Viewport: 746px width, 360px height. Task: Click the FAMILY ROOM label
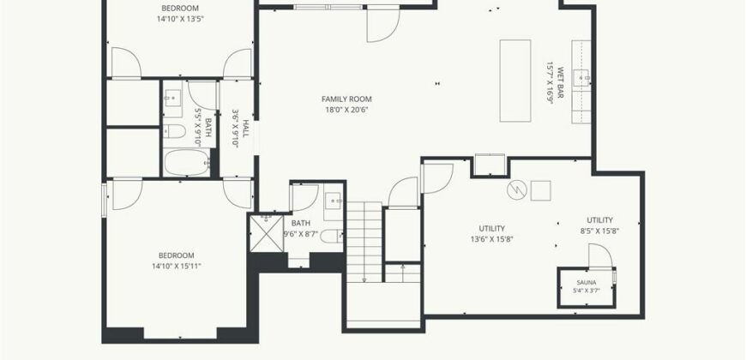(x=346, y=99)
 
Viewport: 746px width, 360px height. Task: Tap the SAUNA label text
(x=587, y=283)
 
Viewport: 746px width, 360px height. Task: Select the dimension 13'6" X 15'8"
(x=492, y=239)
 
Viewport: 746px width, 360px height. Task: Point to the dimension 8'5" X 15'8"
(x=599, y=231)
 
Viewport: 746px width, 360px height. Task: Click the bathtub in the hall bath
(x=188, y=163)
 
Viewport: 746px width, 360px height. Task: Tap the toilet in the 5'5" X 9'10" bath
(x=174, y=131)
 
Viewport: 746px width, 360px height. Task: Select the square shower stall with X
(x=267, y=233)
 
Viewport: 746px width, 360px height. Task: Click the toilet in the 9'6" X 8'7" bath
(x=332, y=236)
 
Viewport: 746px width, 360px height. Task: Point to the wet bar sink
(x=581, y=77)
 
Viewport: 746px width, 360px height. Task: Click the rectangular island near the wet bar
(x=514, y=81)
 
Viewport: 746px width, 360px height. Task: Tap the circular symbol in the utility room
(x=517, y=190)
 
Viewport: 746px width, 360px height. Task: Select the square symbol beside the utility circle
(x=541, y=190)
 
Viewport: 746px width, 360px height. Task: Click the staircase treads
(x=364, y=242)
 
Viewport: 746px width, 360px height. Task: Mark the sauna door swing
(x=600, y=255)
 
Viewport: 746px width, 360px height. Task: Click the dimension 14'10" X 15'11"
(x=177, y=267)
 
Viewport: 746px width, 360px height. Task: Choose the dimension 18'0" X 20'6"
(x=346, y=110)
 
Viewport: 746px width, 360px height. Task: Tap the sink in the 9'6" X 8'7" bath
(x=333, y=201)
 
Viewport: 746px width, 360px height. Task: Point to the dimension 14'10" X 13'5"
(x=180, y=19)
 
